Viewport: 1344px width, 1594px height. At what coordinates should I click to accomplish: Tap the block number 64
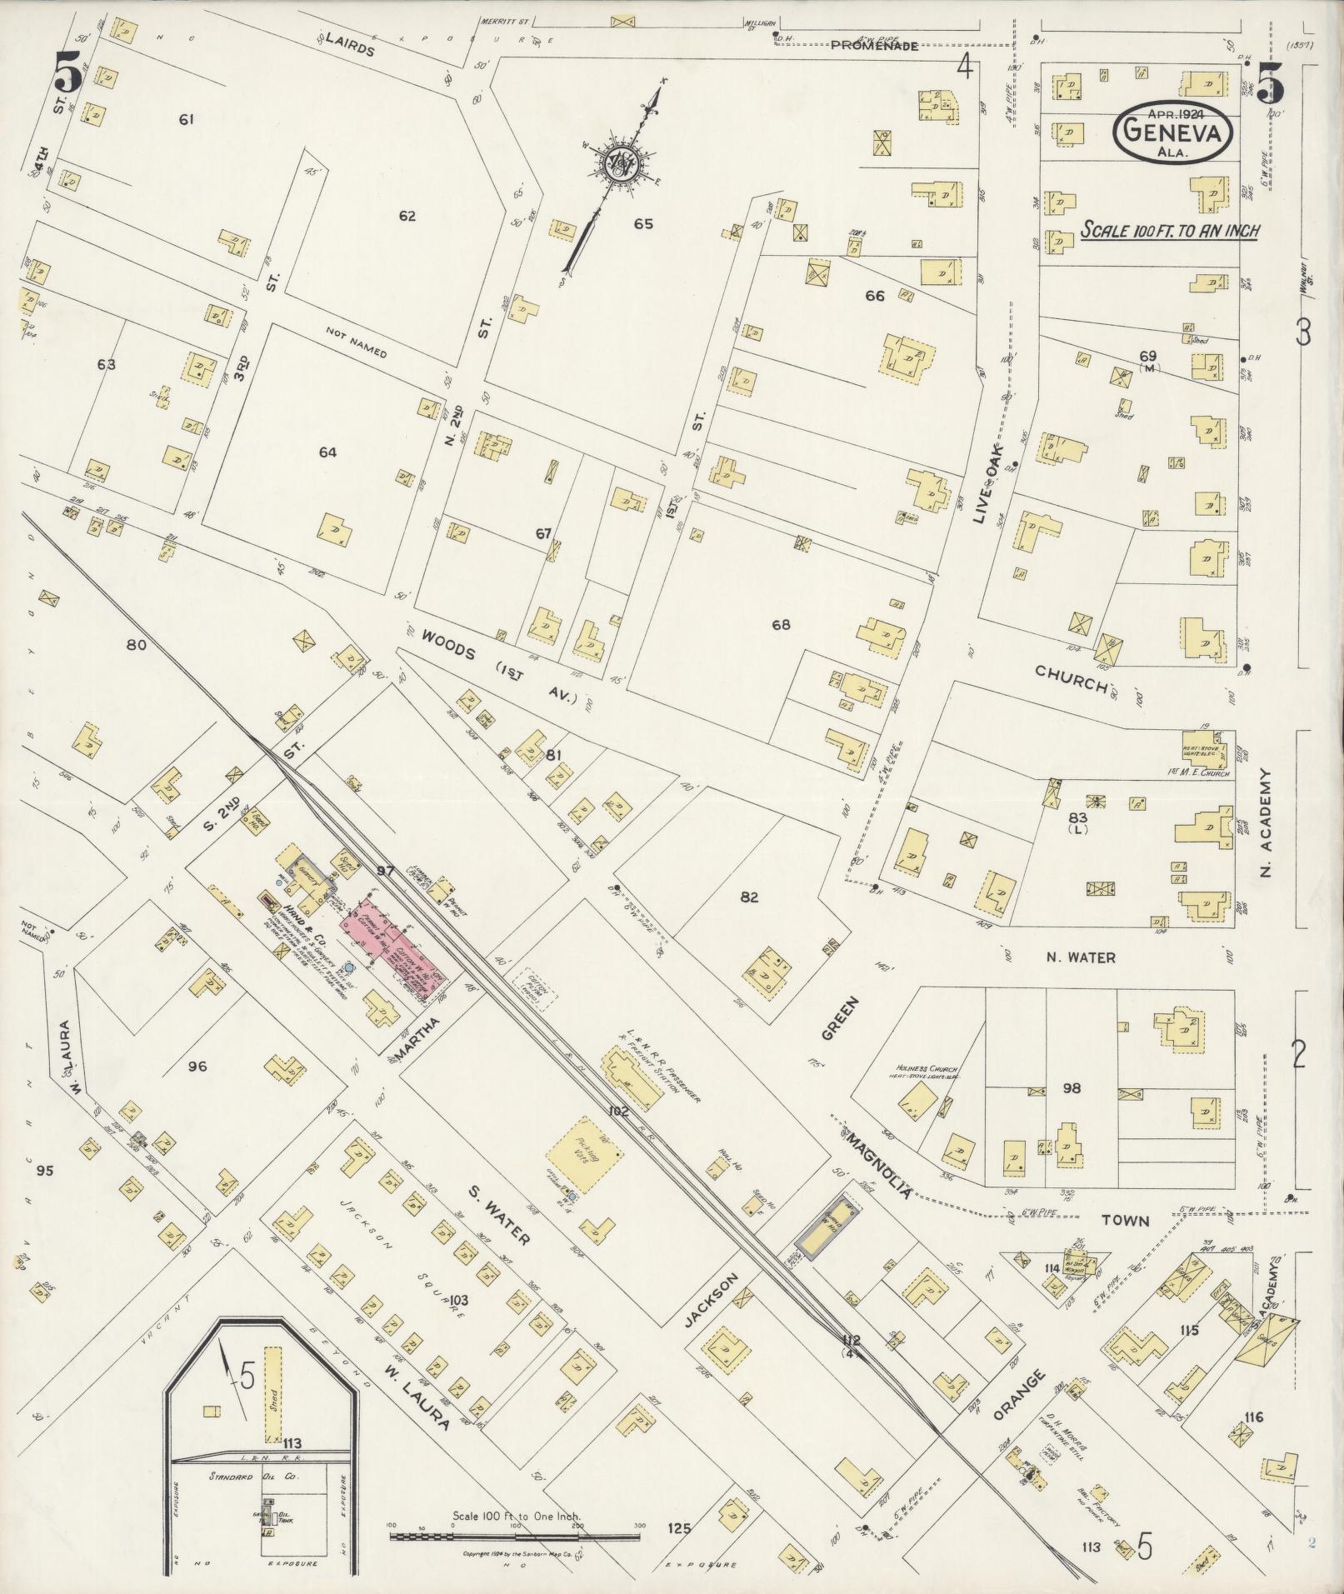pyautogui.click(x=327, y=452)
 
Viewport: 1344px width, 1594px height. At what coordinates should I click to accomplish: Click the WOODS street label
pyautogui.click(x=448, y=644)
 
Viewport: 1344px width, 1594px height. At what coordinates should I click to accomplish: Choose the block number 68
pyautogui.click(x=780, y=625)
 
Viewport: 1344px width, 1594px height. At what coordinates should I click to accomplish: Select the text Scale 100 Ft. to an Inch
pyautogui.click(x=1169, y=231)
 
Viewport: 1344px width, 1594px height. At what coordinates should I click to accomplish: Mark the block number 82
pyautogui.click(x=749, y=897)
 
